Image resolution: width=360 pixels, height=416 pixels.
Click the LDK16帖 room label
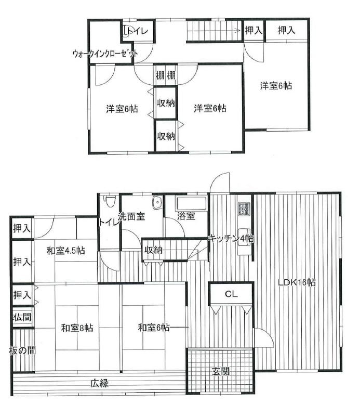[x=297, y=282]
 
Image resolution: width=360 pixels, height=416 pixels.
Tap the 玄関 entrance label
[x=221, y=371]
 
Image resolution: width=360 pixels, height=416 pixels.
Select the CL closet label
[x=231, y=294]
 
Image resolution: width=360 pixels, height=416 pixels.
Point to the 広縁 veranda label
[x=99, y=383]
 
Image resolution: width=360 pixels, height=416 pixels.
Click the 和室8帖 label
[x=77, y=328]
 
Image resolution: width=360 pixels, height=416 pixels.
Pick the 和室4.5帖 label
[x=66, y=251]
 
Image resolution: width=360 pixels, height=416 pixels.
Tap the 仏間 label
[x=23, y=317]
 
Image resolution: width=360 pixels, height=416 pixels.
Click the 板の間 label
[x=22, y=350]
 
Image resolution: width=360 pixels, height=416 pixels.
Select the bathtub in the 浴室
[x=191, y=204]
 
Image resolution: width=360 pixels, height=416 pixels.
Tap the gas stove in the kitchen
[x=244, y=209]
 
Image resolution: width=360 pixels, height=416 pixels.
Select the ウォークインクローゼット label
[x=105, y=54]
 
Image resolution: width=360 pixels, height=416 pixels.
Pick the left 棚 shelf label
[x=160, y=75]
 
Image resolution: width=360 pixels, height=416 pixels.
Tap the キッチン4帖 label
[x=231, y=239]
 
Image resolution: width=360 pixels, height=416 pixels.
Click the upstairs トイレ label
[x=137, y=31]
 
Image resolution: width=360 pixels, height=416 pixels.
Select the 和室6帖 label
[x=154, y=328]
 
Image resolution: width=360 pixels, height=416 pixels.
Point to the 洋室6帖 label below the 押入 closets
[x=276, y=86]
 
